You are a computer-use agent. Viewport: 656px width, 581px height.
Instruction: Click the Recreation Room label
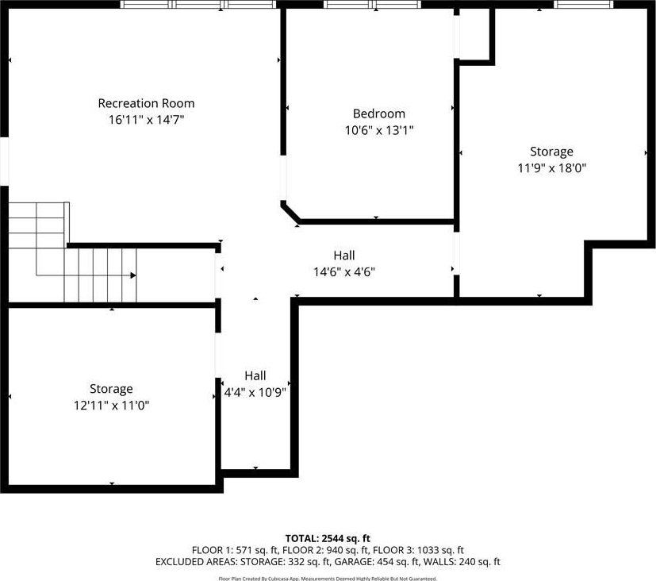[146, 103]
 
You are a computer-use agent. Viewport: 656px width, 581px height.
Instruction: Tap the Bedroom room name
[379, 114]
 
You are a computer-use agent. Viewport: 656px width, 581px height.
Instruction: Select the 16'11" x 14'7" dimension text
[147, 120]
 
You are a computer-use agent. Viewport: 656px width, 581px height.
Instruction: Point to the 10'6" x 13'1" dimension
[379, 131]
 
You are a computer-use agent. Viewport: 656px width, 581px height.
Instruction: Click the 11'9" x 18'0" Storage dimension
[552, 168]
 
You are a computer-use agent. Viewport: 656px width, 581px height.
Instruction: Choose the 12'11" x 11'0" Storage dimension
[111, 406]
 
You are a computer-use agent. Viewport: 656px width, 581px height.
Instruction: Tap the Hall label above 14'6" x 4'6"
[344, 256]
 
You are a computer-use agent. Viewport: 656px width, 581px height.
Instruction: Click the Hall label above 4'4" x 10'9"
[255, 375]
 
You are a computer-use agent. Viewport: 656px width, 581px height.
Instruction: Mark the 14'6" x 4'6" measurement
[344, 272]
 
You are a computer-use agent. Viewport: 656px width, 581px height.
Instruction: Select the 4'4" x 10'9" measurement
[255, 393]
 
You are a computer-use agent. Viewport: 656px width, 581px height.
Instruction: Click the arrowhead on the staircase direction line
[133, 275]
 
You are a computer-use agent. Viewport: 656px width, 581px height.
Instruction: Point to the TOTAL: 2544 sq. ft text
[328, 538]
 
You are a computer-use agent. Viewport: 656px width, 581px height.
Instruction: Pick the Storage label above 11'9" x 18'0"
[551, 152]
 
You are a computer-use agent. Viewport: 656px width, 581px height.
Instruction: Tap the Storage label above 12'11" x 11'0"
[111, 389]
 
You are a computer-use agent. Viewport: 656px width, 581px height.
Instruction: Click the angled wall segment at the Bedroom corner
[291, 211]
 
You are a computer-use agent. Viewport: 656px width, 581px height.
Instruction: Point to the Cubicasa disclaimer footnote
[328, 579]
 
